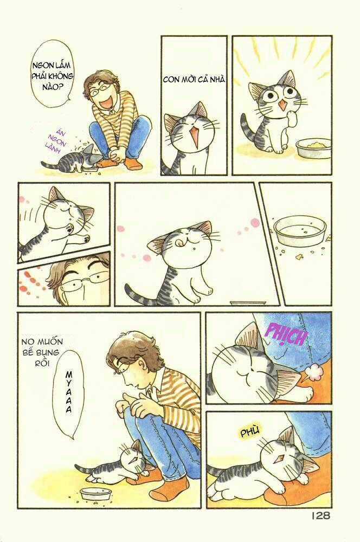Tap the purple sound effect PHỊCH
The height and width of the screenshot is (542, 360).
pos(286,337)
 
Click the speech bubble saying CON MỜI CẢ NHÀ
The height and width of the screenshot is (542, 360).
pos(194,80)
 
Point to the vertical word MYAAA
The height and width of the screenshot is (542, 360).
pos(69,393)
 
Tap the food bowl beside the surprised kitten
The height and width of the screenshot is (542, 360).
pos(313,147)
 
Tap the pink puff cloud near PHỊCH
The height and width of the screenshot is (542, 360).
pos(312,373)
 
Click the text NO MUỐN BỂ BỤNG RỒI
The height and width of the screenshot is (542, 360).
pos(42,352)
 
